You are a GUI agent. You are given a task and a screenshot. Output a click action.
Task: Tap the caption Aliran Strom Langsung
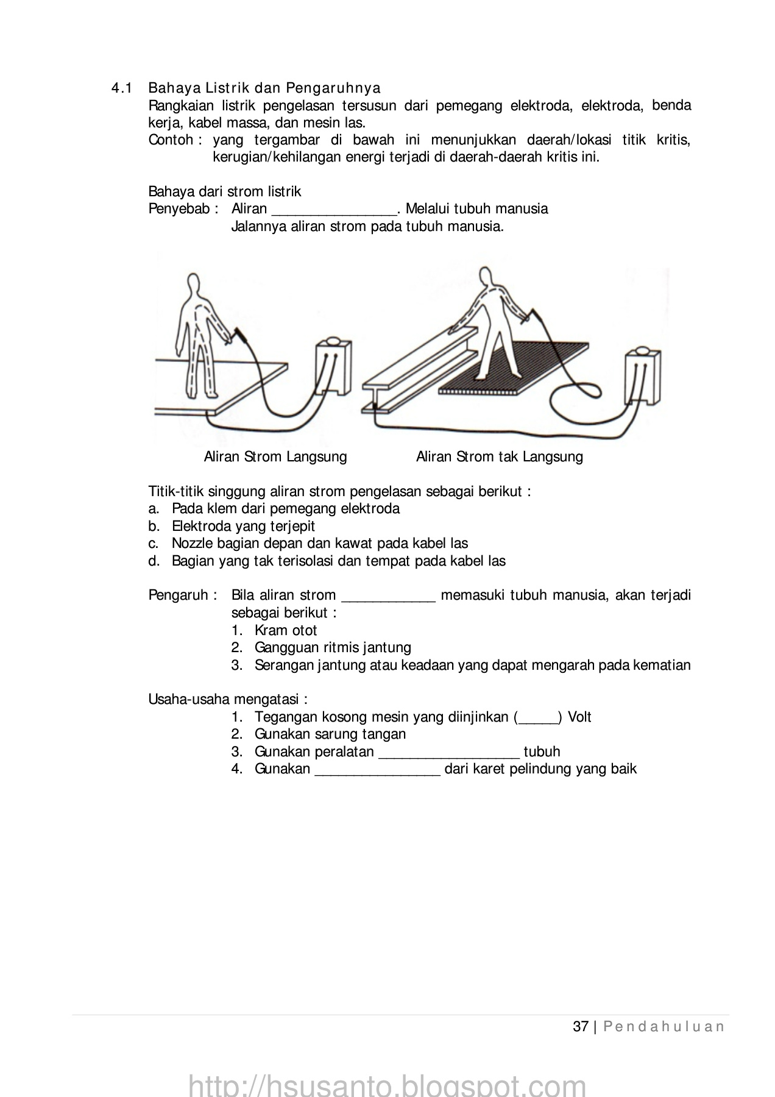pyautogui.click(x=275, y=457)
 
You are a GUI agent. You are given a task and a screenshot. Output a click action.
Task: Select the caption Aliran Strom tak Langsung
pyautogui.click(x=499, y=457)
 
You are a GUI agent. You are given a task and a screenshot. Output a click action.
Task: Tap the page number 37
pyautogui.click(x=581, y=1027)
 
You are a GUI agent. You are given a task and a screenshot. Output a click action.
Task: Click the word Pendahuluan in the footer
pyautogui.click(x=664, y=1027)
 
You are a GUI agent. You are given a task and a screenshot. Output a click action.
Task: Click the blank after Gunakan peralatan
pyautogui.click(x=448, y=753)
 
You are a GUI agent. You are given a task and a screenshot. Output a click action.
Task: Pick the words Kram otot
pyautogui.click(x=286, y=631)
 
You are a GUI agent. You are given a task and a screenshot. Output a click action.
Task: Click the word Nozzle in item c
pyautogui.click(x=193, y=544)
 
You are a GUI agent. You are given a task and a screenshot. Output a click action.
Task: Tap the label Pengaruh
pyautogui.click(x=179, y=595)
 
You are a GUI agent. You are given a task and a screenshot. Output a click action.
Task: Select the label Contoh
pyautogui.click(x=171, y=141)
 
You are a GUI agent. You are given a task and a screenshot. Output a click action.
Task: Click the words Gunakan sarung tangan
pyautogui.click(x=330, y=735)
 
